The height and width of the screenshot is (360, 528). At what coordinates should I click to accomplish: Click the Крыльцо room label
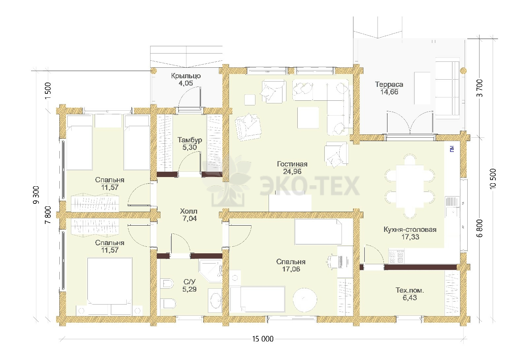coord(186,76)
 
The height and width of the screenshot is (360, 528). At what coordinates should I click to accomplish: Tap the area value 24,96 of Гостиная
coord(292,171)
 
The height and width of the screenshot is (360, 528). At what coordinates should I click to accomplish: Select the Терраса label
coord(389,85)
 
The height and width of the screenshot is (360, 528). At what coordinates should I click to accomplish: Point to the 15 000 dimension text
coord(263,339)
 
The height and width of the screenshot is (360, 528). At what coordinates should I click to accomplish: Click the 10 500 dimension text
coord(493,178)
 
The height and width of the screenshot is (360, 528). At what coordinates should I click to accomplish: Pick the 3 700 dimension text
coord(480,88)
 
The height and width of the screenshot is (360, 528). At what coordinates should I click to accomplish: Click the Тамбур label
coord(190,140)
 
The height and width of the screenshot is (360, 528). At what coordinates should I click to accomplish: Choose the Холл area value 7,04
coord(189,218)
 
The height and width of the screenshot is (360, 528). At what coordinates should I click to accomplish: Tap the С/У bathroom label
coord(189,282)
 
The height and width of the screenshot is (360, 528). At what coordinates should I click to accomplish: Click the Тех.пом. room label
coord(410,290)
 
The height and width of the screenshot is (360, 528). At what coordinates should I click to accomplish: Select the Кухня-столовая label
coord(410,230)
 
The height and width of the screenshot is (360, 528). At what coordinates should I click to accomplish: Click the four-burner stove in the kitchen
coord(396,256)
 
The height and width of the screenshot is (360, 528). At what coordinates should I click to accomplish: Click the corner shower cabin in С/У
coord(211,271)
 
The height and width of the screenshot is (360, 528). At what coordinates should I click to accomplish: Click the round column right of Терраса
coord(463,71)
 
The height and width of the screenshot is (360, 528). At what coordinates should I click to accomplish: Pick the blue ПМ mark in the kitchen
coord(452,149)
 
